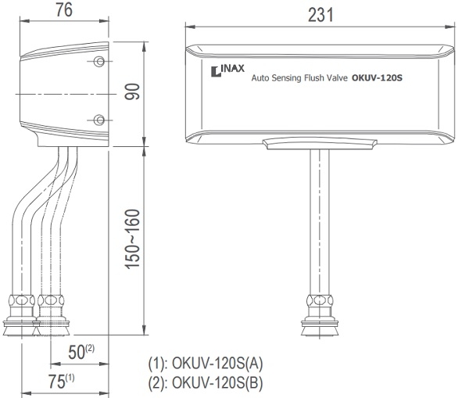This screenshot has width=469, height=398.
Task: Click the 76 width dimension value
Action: (64, 9)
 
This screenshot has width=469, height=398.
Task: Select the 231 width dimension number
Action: (320, 15)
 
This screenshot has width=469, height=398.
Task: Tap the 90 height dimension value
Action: (132, 91)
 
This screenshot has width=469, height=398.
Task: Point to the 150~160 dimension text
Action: (132, 239)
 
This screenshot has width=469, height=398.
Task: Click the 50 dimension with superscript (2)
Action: (81, 352)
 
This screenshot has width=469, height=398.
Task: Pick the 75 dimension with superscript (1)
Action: (61, 381)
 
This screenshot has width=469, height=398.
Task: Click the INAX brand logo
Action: (227, 70)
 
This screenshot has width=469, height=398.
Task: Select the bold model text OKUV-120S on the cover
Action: (377, 78)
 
